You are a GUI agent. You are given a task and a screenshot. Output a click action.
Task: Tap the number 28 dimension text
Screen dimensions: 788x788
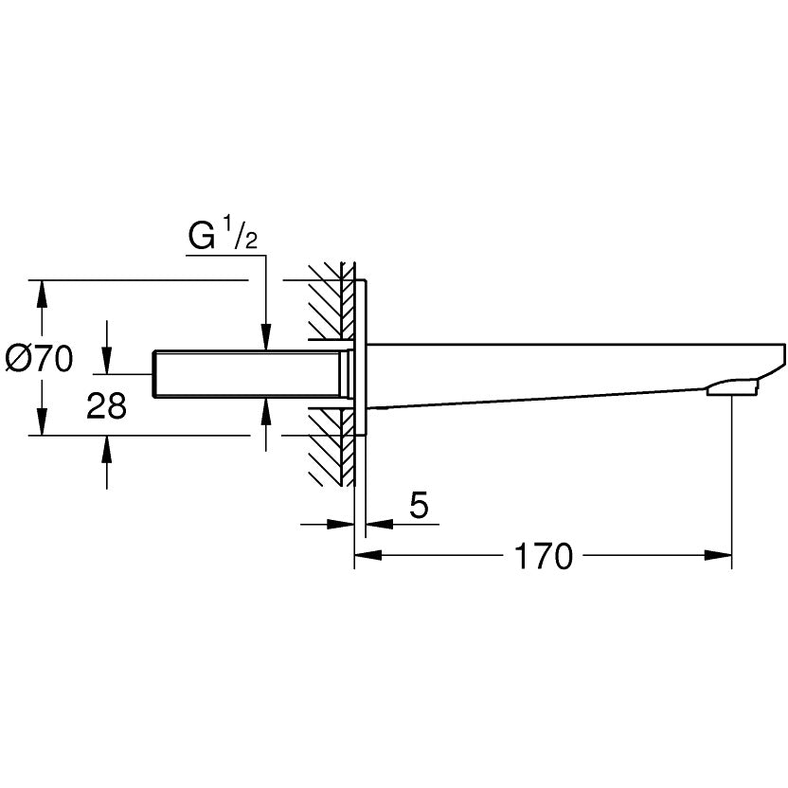106,407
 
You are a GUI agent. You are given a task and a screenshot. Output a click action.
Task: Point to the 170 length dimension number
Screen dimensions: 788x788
544,557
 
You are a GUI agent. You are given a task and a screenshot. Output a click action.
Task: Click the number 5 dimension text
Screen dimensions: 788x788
419,507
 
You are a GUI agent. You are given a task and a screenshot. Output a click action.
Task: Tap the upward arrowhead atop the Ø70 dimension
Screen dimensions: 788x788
41,294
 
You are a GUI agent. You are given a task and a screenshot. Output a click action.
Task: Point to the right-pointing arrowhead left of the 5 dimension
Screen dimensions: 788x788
341,522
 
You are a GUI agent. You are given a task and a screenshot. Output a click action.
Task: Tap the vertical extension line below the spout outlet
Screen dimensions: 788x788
732,474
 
